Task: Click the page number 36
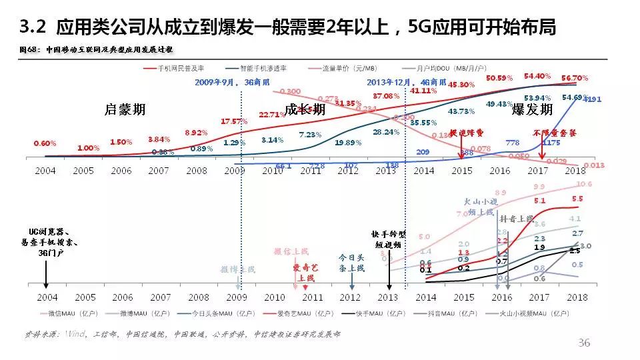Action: pyautogui.click(x=584, y=343)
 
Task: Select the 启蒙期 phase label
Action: pyautogui.click(x=125, y=109)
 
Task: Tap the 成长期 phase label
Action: pyautogui.click(x=305, y=109)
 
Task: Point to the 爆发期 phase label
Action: pyautogui.click(x=532, y=109)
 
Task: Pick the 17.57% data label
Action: pyautogui.click(x=234, y=121)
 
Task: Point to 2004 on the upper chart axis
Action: pyautogui.click(x=45, y=171)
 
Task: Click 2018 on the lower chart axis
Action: pyautogui.click(x=574, y=297)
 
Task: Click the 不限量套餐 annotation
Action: pyautogui.click(x=553, y=133)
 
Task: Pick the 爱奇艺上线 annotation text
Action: pyautogui.click(x=306, y=272)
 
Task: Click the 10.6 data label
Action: pyautogui.click(x=583, y=184)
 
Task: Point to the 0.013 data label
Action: pyautogui.click(x=593, y=165)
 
